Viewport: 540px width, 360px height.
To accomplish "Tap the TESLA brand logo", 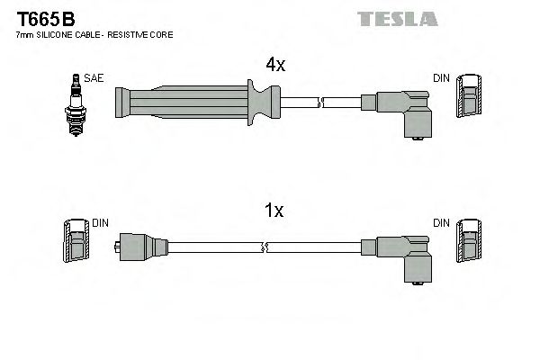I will (x=397, y=18).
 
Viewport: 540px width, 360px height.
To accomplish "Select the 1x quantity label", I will (x=274, y=211).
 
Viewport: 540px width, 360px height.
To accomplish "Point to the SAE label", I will (x=94, y=78).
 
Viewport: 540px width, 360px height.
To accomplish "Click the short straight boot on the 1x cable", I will (x=142, y=245).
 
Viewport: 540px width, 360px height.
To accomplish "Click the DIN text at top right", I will (x=441, y=78).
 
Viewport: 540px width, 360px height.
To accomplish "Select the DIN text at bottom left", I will (x=100, y=222).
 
